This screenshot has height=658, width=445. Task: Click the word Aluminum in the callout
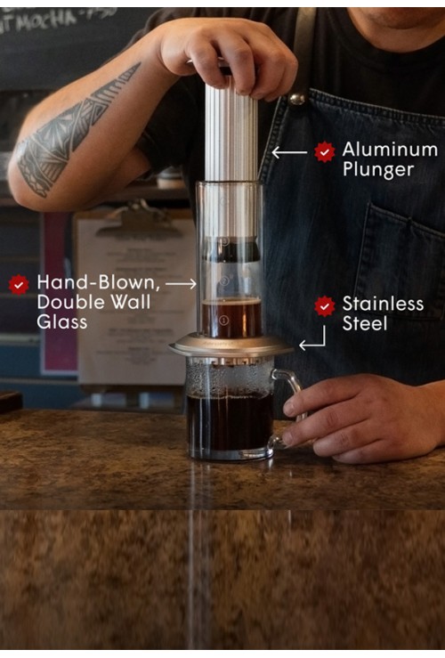coord(390,150)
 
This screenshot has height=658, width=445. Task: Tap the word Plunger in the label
coord(377,168)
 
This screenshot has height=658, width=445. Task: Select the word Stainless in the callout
coord(383,305)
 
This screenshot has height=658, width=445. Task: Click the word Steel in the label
coord(365,323)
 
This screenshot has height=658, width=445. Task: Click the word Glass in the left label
coord(62,322)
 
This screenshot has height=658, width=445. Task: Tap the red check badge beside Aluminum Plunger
coord(325,151)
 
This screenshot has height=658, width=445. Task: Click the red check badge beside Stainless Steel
coord(325,306)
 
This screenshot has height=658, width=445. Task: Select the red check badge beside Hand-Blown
coord(19,285)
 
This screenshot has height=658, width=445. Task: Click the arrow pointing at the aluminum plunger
coord(289,152)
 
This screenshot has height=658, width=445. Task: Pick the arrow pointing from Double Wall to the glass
coord(181,283)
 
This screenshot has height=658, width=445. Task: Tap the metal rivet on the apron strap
coord(296,98)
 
